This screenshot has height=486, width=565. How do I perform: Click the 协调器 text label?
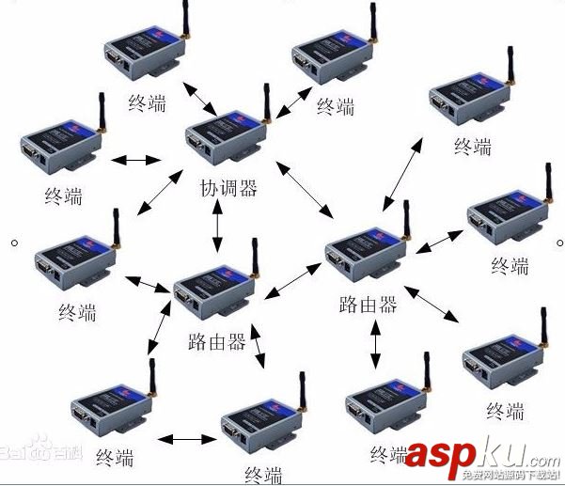pyautogui.click(x=228, y=188)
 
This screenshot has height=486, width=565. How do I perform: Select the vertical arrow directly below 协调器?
pyautogui.click(x=218, y=227)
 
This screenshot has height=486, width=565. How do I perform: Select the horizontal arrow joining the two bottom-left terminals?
pyautogui.click(x=186, y=438)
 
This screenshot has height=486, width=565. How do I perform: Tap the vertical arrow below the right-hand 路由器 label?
pyautogui.click(x=376, y=349)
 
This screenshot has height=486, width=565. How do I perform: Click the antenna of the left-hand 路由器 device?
pyautogui.click(x=254, y=257)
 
